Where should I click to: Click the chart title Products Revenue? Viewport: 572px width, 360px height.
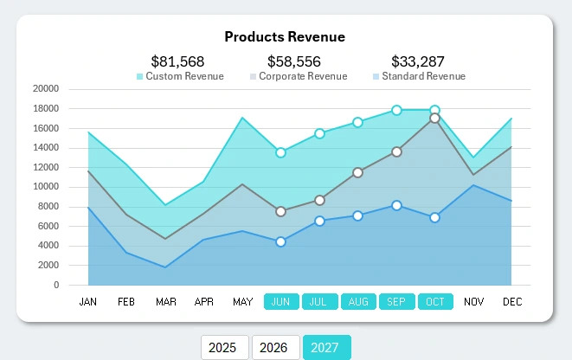(285, 36)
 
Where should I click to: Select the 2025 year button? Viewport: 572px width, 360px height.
(224, 347)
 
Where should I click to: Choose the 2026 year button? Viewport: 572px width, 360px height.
(275, 347)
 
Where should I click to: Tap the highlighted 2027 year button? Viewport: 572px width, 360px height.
(326, 347)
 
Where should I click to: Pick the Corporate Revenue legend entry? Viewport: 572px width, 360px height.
(298, 76)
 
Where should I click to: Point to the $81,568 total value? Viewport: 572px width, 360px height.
(177, 61)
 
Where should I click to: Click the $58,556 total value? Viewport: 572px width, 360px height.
(293, 61)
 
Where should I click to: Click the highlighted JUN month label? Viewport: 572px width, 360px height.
(280, 302)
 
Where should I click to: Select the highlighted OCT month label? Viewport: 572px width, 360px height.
(435, 302)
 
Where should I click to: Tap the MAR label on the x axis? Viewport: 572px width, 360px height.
(165, 302)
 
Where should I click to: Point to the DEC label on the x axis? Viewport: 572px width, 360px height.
(512, 302)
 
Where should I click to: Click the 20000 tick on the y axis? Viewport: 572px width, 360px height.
(45, 88)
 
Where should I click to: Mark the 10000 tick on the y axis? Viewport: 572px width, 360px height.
(45, 187)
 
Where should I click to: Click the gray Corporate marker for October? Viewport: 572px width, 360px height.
(435, 119)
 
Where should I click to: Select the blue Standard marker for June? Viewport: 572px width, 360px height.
(280, 241)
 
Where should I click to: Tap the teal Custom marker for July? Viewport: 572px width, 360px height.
(319, 133)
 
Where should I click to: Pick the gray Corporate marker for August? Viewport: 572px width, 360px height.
(357, 172)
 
